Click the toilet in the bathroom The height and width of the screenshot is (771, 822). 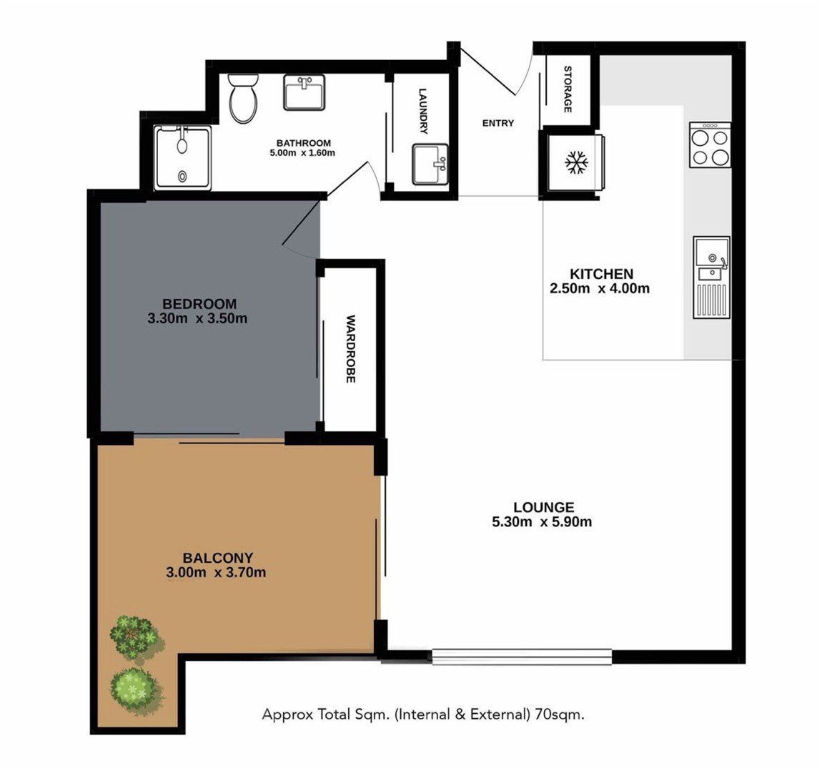[243, 97]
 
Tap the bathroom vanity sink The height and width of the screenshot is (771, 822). [304, 92]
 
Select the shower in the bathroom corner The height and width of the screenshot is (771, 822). [183, 157]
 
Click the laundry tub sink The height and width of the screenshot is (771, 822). [430, 164]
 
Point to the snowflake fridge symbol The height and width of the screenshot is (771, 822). [576, 163]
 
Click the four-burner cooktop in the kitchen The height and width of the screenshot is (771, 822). [710, 144]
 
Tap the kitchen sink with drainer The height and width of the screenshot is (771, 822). [711, 277]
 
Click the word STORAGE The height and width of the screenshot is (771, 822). [568, 89]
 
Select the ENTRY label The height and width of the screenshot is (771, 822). [498, 123]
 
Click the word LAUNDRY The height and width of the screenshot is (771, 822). [423, 111]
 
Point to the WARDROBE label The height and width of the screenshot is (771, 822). [351, 349]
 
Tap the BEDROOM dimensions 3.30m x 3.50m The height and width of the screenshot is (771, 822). [197, 318]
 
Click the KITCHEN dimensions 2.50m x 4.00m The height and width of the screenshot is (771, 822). [600, 288]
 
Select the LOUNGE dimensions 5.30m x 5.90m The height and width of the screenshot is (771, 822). [542, 522]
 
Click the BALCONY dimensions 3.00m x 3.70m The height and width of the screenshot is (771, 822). [216, 572]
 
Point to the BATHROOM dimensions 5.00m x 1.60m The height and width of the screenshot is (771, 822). [302, 153]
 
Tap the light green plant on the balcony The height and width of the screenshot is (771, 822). [134, 689]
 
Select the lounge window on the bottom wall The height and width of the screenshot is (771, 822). [522, 657]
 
